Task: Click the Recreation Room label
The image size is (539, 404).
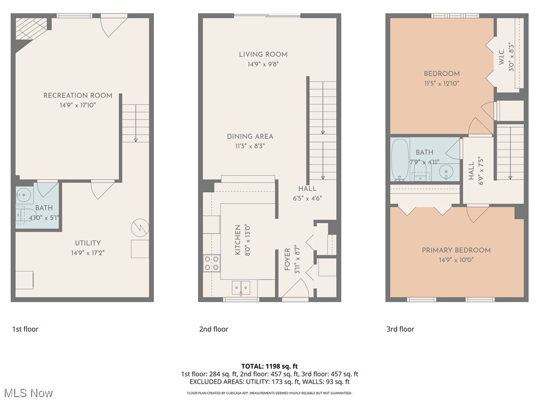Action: click(78, 95)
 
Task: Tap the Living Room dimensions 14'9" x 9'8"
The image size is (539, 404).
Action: click(263, 64)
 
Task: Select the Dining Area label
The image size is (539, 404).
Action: click(250, 136)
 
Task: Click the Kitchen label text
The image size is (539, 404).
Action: click(237, 240)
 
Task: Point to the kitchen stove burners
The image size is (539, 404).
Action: click(212, 262)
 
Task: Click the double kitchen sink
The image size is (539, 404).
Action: click(242, 287)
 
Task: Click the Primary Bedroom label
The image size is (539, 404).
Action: click(456, 250)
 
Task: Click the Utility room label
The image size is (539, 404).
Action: click(87, 243)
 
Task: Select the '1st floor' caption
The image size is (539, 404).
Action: click(25, 329)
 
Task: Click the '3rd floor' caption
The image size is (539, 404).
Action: click(400, 329)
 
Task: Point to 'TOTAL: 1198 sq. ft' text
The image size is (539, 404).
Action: click(269, 366)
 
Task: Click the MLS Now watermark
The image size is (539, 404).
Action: click(27, 393)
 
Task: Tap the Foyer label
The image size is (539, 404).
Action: click(287, 259)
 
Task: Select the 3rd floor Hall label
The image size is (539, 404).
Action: click(471, 171)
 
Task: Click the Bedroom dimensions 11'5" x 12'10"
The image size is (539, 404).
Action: click(442, 83)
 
